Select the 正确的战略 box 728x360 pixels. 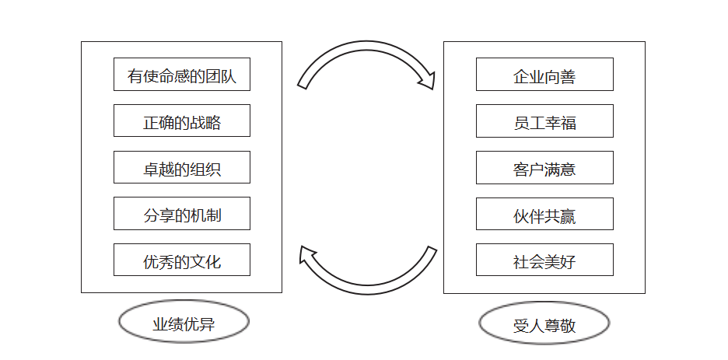tap(181, 121)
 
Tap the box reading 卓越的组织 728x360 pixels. tap(181, 168)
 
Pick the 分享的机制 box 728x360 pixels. tap(181, 214)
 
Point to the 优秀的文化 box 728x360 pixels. tap(181, 260)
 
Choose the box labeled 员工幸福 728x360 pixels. tap(544, 121)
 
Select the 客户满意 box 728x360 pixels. tap(544, 168)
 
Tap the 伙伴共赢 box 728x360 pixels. tap(544, 214)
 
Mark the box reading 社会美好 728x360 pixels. tap(544, 260)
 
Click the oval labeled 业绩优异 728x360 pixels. tap(184, 323)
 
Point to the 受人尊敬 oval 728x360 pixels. tap(544, 324)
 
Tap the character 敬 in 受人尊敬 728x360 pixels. tap(568, 325)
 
